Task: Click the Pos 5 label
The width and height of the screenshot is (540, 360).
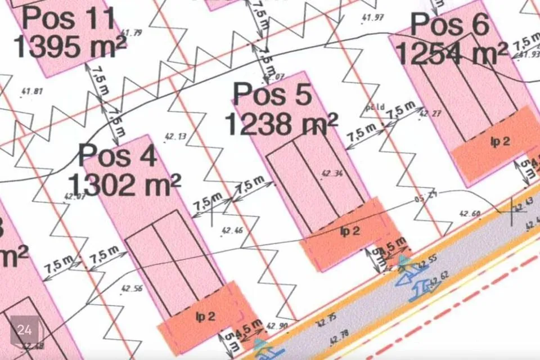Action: [272, 94]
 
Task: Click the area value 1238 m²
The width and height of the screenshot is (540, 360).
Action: [281, 123]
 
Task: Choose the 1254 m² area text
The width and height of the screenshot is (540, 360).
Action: [452, 53]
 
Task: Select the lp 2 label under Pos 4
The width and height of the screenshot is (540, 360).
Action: [205, 317]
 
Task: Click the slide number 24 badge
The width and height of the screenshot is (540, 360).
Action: [25, 330]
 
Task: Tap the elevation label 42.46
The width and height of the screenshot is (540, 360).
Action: [232, 230]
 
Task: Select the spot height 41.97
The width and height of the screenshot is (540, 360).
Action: [372, 17]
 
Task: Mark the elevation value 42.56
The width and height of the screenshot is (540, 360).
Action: [132, 288]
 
